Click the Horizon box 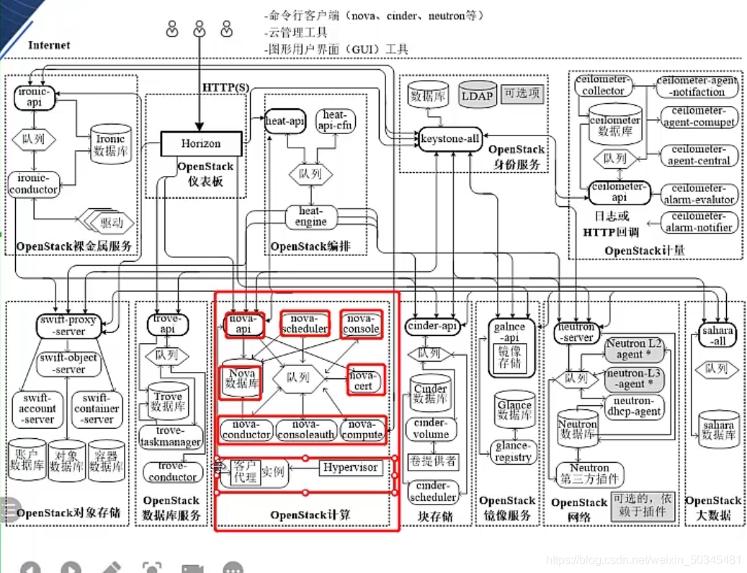200,143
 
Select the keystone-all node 450,139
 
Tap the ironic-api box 34,97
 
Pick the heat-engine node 310,216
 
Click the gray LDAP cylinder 477,95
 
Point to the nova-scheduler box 305,324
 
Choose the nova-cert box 366,380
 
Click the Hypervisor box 350,468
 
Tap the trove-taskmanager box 171,436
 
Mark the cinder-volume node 431,428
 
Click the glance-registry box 514,451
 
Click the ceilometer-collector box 603,86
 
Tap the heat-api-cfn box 334,120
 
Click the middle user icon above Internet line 200,30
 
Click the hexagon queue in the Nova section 298,376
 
